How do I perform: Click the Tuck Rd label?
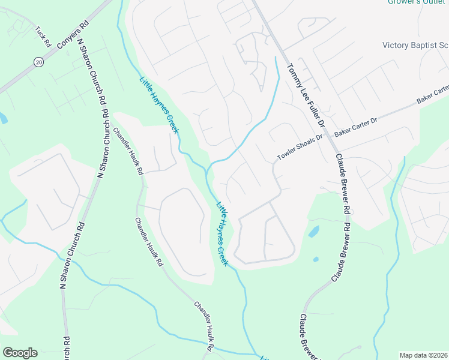(x=42, y=37)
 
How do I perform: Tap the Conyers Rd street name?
(x=72, y=35)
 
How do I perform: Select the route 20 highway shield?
(x=39, y=62)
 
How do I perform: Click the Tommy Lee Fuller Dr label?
(x=306, y=94)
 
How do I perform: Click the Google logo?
(x=20, y=353)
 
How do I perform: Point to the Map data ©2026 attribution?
(x=423, y=355)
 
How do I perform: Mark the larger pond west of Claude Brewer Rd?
(x=313, y=231)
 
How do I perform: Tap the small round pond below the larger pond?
(x=316, y=260)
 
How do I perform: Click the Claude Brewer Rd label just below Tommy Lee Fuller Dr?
(x=342, y=183)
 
